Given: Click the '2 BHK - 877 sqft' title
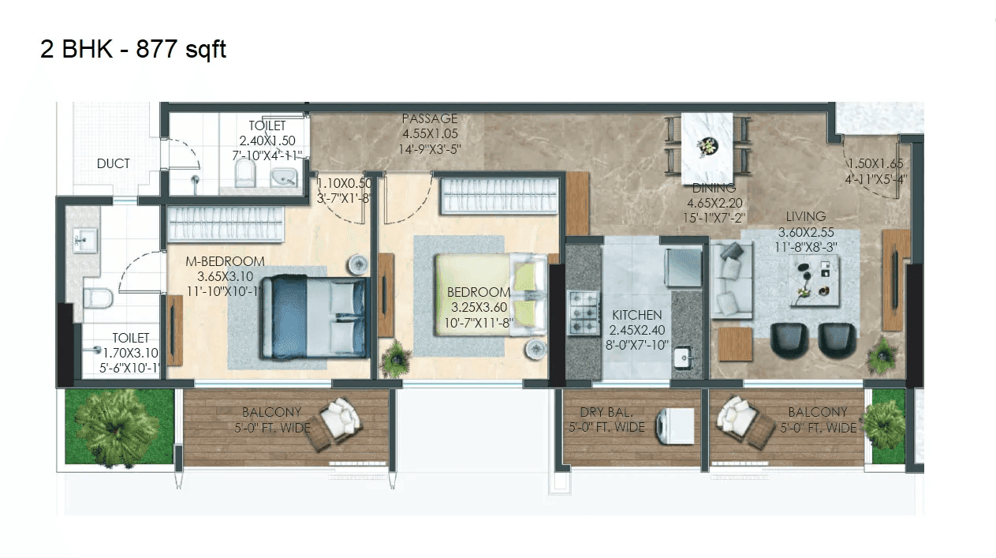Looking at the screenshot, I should pos(133,50).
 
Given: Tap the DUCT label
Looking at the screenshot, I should pos(114,164).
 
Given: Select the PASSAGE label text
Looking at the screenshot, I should pos(430,119).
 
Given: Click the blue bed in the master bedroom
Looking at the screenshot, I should pos(314,315).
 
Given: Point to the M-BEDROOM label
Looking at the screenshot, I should pos(225,262).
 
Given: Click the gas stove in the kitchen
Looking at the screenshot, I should pos(584,312).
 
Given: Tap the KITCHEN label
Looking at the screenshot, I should pos(636,316).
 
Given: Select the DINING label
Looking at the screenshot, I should pos(714,188).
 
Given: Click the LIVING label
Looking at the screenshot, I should pos(805,216).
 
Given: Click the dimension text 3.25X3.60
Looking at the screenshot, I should pos(479,307).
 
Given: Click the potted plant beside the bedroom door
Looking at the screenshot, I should pos(395,359).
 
